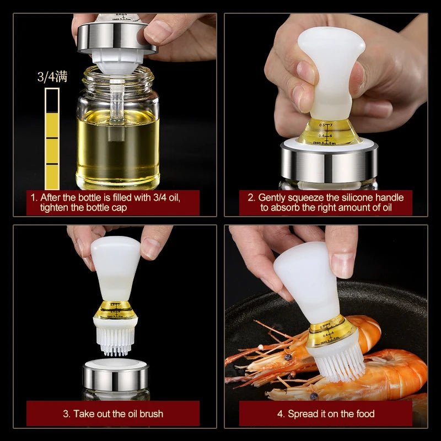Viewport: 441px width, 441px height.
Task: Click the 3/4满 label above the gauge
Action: [52, 77]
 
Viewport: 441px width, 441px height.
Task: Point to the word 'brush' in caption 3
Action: [148, 413]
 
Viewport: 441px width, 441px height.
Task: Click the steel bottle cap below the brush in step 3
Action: [115, 378]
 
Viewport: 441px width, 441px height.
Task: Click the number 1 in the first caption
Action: [33, 197]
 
